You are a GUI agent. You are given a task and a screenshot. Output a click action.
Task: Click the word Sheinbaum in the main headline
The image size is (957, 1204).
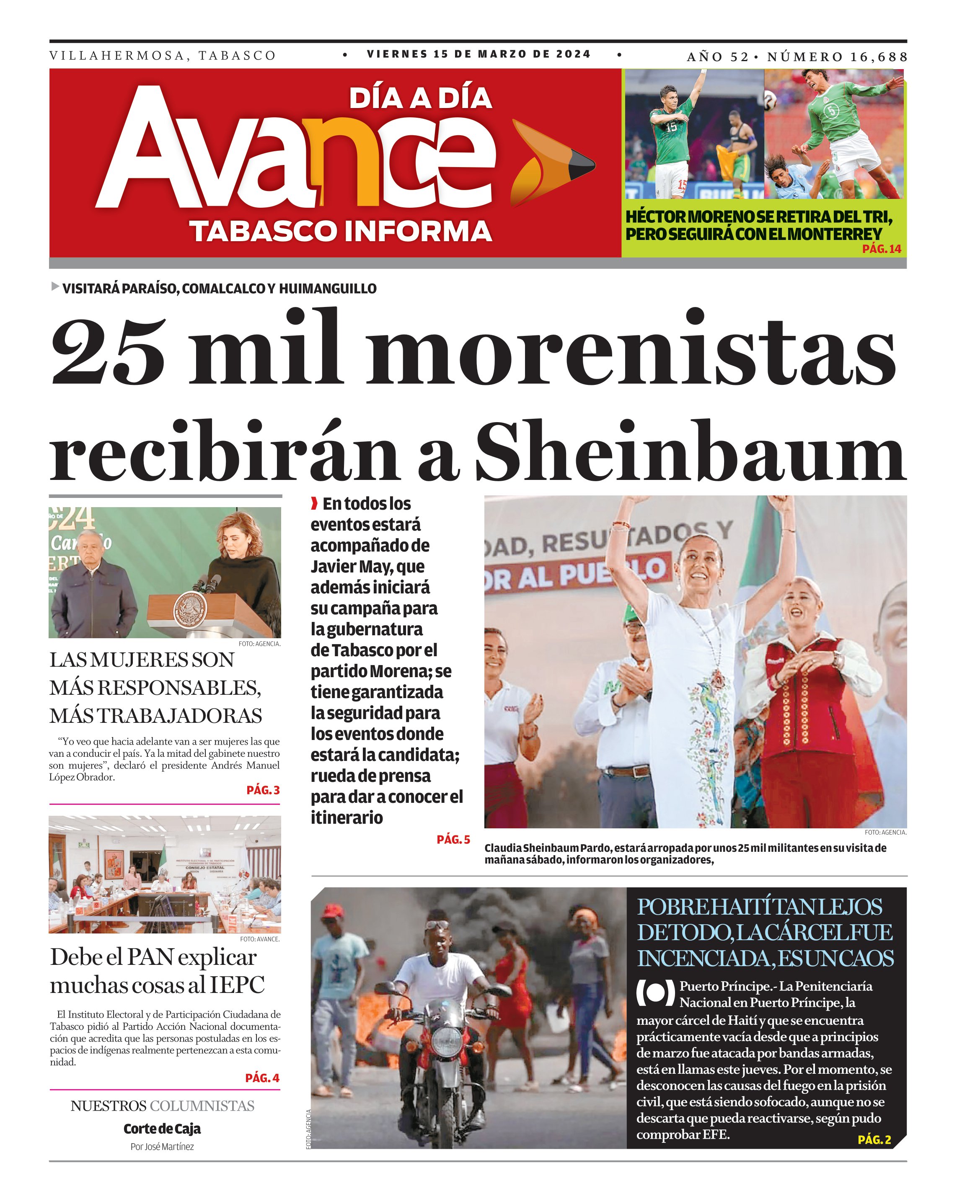point(690,451)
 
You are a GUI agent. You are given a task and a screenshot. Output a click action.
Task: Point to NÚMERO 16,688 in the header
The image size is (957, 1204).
point(837,57)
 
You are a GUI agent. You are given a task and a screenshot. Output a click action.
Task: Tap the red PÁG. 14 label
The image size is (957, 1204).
point(881,248)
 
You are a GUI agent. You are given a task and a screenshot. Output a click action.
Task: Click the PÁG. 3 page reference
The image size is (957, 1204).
point(263,790)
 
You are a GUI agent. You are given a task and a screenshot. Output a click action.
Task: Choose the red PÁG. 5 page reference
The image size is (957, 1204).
point(453,839)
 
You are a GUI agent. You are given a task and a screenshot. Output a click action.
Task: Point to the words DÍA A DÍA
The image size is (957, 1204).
point(420,98)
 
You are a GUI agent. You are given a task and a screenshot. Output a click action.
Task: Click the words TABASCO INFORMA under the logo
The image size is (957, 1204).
point(341,231)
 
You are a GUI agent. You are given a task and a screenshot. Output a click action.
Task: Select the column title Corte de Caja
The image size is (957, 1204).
point(162,1129)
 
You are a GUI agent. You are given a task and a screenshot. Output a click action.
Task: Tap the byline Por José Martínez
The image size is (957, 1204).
point(162,1147)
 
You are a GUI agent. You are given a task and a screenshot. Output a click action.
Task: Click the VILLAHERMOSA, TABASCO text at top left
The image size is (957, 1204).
point(163,56)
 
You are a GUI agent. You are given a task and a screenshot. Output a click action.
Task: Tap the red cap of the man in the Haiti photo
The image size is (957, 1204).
point(332,911)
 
